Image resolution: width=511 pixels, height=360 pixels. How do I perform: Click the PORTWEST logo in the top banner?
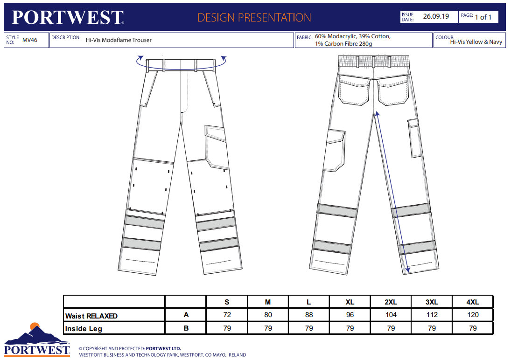(68, 17)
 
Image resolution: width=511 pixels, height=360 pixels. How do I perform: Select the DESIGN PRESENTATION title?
(254, 18)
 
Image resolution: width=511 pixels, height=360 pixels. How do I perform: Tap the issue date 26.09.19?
(436, 16)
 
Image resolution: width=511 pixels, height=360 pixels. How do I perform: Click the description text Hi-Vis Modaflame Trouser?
(119, 40)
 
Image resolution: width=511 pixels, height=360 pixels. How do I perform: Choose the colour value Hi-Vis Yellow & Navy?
(476, 42)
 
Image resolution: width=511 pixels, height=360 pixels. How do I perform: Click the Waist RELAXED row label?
(91, 316)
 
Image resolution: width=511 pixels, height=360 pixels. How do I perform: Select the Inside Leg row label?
(84, 328)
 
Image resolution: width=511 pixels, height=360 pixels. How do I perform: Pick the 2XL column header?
(391, 302)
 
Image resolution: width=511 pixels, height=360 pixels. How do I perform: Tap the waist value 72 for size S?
(227, 315)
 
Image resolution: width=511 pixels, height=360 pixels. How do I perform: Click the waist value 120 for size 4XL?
(473, 315)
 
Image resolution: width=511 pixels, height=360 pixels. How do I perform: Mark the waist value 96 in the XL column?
(350, 315)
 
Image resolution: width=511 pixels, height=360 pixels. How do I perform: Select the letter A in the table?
(186, 315)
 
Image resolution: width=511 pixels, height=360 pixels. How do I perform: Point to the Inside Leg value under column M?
(268, 328)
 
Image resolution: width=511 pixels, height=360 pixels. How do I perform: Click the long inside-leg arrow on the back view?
(392, 191)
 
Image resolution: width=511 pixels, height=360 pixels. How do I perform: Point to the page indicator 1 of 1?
(483, 17)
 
